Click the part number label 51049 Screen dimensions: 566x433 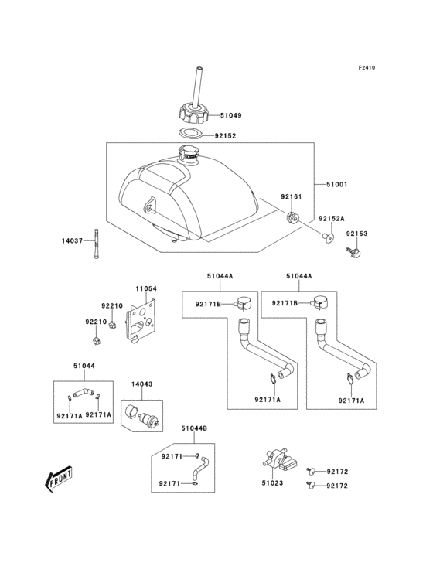pos(230,115)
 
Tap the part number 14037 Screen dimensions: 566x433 pos(72,240)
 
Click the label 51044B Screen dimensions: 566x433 pos(194,428)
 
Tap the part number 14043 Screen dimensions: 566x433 pos(141,384)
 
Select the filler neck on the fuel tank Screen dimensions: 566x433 pos(189,154)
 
